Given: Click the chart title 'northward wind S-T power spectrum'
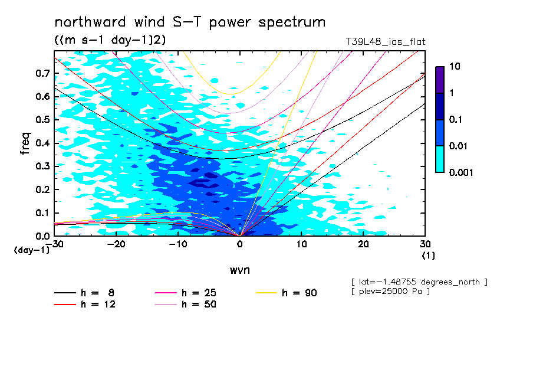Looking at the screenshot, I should [190, 22].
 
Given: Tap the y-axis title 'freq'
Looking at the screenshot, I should [25, 144].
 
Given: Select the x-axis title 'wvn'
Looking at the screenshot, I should [239, 270].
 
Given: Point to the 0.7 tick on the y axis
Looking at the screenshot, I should [43, 73].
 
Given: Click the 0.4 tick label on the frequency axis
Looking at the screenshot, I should [43, 143].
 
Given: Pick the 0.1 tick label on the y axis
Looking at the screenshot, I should [43, 212].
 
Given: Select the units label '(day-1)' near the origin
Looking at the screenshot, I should [31, 250].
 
